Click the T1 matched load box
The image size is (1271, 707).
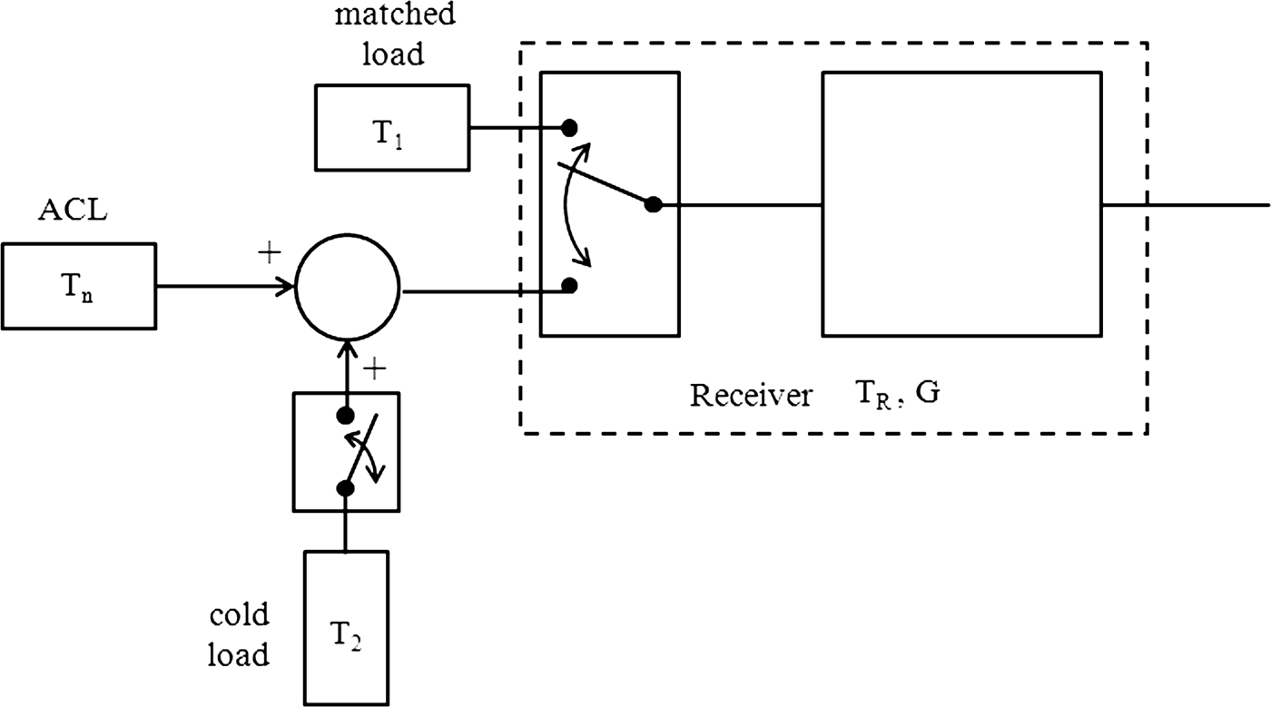click(392, 127)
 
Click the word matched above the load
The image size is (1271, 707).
click(394, 17)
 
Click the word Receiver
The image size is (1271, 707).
click(750, 397)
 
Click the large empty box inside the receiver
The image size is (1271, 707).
click(961, 204)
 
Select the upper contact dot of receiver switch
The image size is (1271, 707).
click(569, 126)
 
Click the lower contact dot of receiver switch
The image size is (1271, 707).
click(569, 286)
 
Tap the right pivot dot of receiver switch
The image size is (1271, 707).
click(652, 205)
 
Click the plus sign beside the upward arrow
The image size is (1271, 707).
click(375, 368)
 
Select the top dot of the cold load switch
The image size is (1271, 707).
click(345, 416)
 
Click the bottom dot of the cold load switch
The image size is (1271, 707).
click(345, 488)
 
